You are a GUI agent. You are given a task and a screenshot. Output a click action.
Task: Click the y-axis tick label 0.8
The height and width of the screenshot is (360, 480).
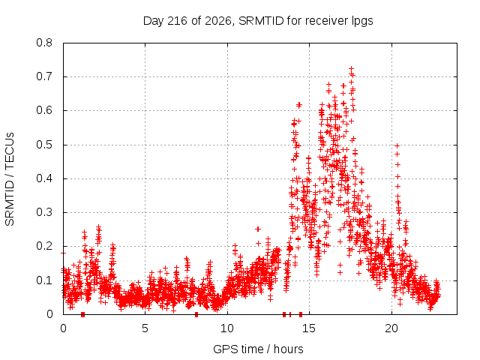pyautogui.click(x=44, y=43)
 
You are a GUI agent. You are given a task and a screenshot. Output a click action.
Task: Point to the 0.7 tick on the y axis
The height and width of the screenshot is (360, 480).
pyautogui.click(x=44, y=76)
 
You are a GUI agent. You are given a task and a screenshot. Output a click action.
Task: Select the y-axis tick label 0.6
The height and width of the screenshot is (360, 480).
pyautogui.click(x=44, y=110)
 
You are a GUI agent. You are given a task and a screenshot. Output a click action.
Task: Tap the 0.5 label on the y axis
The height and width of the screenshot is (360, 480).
pyautogui.click(x=44, y=145)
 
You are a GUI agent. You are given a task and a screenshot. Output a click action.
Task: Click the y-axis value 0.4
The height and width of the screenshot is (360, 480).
pyautogui.click(x=44, y=178)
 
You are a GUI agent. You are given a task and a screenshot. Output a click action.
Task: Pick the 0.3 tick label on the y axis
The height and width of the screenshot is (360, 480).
pyautogui.click(x=44, y=212)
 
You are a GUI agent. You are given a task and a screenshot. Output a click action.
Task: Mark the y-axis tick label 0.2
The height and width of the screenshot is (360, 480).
pyautogui.click(x=44, y=246)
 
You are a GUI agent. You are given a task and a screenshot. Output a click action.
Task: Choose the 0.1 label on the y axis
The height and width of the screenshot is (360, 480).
pyautogui.click(x=44, y=280)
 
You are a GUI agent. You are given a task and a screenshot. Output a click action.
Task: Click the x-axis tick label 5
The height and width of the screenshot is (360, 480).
pyautogui.click(x=145, y=328)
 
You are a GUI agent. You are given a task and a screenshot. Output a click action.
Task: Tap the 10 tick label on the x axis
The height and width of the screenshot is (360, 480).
pyautogui.click(x=227, y=328)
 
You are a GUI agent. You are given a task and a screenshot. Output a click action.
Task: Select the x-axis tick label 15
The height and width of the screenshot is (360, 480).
pyautogui.click(x=309, y=328)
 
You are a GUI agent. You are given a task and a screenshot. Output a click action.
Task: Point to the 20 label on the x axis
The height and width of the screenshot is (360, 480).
pyautogui.click(x=391, y=328)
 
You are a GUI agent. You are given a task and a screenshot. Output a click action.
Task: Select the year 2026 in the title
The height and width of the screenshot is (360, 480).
pyautogui.click(x=218, y=21)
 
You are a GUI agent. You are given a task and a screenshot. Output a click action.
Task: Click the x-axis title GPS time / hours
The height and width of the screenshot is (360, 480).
pyautogui.click(x=258, y=349)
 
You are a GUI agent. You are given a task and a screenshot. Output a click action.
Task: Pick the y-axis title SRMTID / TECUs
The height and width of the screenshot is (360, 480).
pyautogui.click(x=10, y=179)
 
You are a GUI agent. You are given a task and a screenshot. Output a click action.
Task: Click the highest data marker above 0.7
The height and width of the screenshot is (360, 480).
pyautogui.click(x=352, y=68)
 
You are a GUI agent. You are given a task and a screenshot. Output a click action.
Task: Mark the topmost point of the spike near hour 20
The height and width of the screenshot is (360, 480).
pyautogui.click(x=397, y=145)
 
